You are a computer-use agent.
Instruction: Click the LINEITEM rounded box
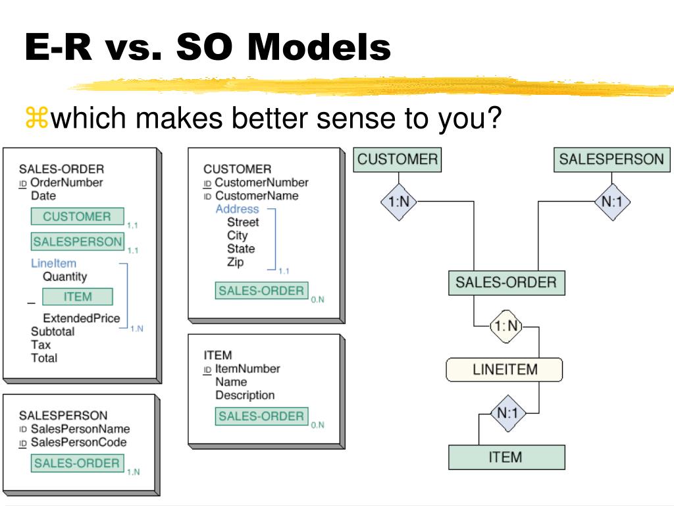505,370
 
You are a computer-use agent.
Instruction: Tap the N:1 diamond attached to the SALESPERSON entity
611,202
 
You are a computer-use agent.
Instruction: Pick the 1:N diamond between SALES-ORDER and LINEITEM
505,325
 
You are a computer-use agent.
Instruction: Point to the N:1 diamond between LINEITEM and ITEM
507,414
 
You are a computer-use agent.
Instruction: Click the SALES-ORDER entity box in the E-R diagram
506,283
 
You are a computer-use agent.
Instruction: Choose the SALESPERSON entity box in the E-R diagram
611,159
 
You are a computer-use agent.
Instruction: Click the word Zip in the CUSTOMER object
235,262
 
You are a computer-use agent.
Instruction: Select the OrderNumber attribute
66,183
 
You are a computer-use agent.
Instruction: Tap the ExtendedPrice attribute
81,319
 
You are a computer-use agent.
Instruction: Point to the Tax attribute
40,345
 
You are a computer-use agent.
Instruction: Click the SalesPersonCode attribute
78,442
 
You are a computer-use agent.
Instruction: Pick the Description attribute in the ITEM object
245,395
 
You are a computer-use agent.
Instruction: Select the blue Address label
237,210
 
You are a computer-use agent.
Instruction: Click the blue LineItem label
53,264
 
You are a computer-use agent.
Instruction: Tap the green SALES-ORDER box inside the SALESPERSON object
77,463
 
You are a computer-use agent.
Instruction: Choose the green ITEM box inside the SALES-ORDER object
78,297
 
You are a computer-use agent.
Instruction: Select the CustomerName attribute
256,196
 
